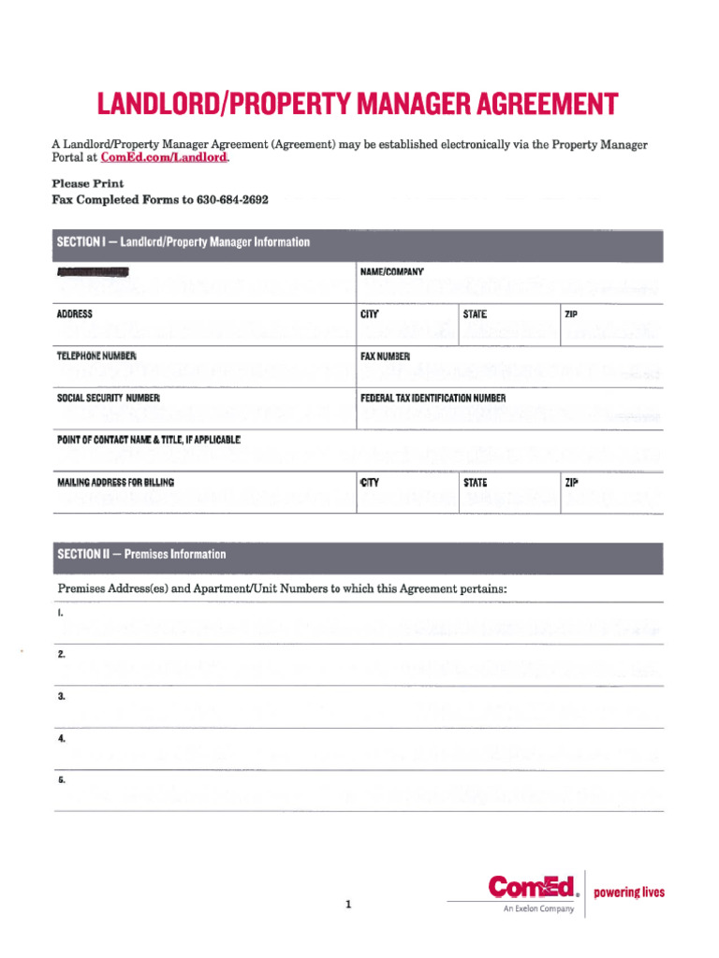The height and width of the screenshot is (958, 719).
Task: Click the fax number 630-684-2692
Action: pyautogui.click(x=232, y=199)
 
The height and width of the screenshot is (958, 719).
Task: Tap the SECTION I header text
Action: pyautogui.click(x=183, y=242)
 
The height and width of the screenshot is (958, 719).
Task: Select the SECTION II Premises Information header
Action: pyautogui.click(x=142, y=554)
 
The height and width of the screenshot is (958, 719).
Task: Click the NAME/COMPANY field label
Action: pyautogui.click(x=392, y=272)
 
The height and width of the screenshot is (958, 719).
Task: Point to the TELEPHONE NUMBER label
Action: pyautogui.click(x=97, y=356)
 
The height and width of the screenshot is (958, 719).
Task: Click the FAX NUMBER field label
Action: pyautogui.click(x=386, y=356)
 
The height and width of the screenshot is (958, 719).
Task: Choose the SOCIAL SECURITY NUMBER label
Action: pyautogui.click(x=109, y=399)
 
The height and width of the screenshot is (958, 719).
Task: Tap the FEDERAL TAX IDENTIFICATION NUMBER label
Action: pyautogui.click(x=433, y=399)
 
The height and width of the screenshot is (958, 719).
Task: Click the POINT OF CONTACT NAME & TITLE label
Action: pyautogui.click(x=149, y=440)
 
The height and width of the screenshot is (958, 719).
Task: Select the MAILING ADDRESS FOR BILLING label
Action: pyautogui.click(x=115, y=483)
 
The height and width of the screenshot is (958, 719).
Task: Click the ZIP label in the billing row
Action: pyautogui.click(x=572, y=483)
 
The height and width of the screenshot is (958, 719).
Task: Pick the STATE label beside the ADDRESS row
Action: pyautogui.click(x=475, y=314)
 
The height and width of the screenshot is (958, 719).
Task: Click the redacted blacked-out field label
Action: pyautogui.click(x=93, y=272)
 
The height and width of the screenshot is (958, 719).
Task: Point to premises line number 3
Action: pyautogui.click(x=61, y=697)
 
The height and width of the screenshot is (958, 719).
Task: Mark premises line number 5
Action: pyautogui.click(x=61, y=780)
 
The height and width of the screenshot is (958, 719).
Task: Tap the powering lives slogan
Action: pyautogui.click(x=629, y=893)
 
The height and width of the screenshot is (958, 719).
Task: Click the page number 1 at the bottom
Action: pyautogui.click(x=347, y=905)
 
